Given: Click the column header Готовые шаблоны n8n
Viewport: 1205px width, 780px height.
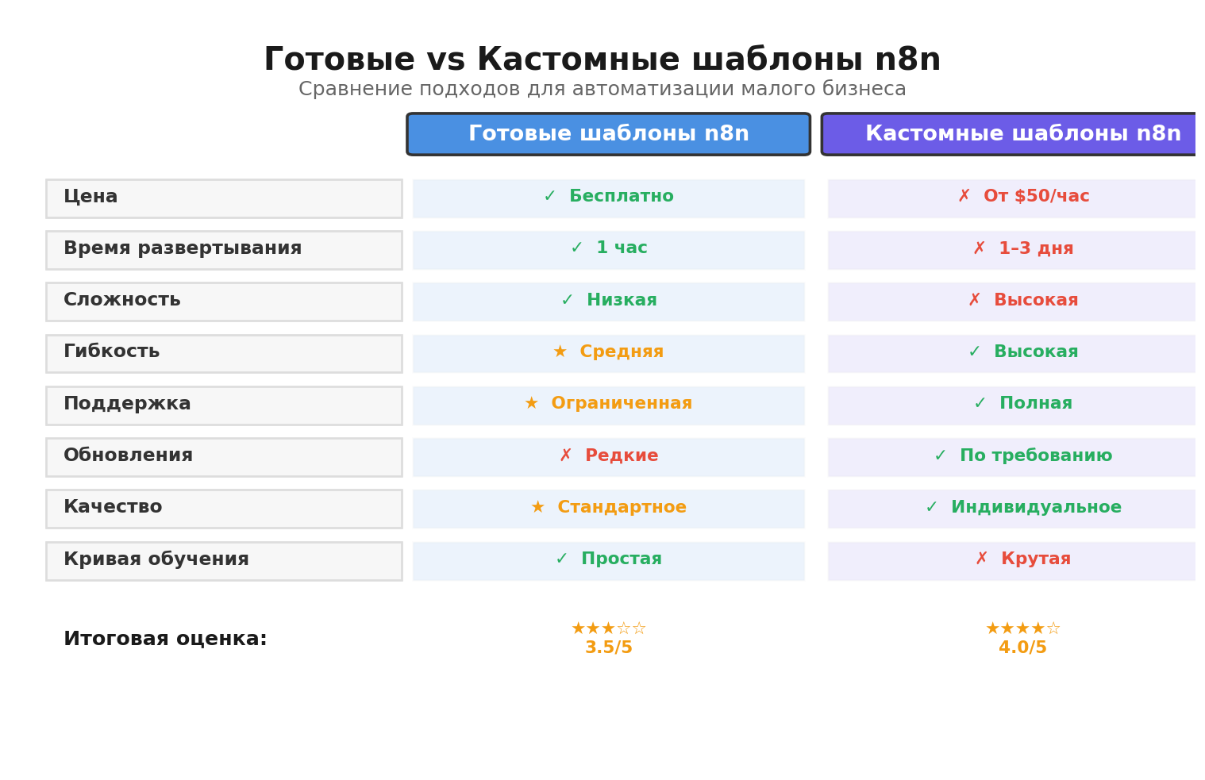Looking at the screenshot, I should click(x=608, y=134).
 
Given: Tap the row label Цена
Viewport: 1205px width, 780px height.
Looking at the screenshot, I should click(x=90, y=197).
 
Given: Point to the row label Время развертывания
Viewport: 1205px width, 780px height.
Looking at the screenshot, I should click(x=183, y=249).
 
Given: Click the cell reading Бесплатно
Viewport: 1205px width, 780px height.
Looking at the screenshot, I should click(x=608, y=198).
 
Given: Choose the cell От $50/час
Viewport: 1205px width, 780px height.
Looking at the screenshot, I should click(x=1022, y=198).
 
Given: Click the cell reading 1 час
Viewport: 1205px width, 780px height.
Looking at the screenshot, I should click(x=608, y=249).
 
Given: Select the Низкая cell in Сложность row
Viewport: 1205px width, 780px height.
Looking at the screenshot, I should click(x=608, y=302).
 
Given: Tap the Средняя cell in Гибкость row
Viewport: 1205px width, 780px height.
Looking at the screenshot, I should click(x=608, y=353).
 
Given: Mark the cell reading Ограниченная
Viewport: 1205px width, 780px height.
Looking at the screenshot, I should click(x=608, y=405).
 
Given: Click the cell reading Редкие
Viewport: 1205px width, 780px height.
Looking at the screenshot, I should click(x=608, y=457).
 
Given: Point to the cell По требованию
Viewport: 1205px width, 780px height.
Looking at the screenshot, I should click(x=1022, y=457).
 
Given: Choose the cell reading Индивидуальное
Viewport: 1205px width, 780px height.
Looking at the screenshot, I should click(x=1022, y=509).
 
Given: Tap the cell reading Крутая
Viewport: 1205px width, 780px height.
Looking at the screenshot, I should click(x=1022, y=560).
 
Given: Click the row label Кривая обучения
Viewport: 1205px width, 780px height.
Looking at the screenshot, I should click(x=156, y=560).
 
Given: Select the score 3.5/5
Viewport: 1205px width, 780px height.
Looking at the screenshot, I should click(x=608, y=648).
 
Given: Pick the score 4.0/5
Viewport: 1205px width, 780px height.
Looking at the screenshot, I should click(x=1022, y=648).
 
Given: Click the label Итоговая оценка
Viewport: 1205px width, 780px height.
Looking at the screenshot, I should click(x=165, y=640).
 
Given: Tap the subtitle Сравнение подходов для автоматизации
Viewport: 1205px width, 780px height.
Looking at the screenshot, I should click(x=602, y=90).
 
